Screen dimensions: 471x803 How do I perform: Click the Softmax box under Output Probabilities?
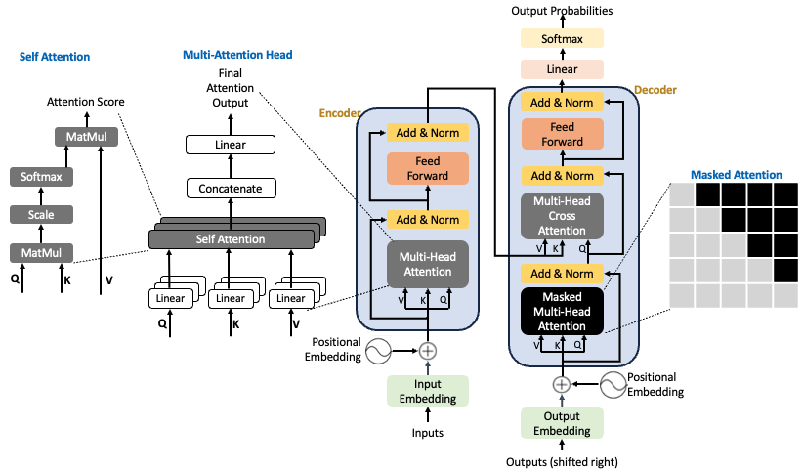pos(562,38)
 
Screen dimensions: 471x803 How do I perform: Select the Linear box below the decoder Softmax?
pos(562,69)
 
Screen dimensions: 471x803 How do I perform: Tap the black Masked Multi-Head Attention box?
pos(562,311)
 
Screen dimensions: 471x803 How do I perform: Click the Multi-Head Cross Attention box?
pos(562,214)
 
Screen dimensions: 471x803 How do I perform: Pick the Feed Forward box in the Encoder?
pos(428,169)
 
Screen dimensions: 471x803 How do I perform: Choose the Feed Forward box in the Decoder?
pos(562,135)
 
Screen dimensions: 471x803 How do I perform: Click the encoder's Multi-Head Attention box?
pos(428,263)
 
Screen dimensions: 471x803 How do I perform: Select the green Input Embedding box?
pos(428,391)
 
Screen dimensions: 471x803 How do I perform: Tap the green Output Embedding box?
pos(562,423)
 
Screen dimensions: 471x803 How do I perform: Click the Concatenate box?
pos(231,188)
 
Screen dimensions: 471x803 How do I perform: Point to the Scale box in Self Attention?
pos(41,215)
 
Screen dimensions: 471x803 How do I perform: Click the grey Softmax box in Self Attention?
pos(41,177)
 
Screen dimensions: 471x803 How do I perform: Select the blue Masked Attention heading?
pos(736,175)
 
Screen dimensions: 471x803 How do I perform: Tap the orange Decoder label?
pos(655,90)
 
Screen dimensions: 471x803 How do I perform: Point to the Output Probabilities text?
pos(563,11)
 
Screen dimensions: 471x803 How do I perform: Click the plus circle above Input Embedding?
pos(428,350)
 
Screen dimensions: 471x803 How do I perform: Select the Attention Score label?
pos(86,102)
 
